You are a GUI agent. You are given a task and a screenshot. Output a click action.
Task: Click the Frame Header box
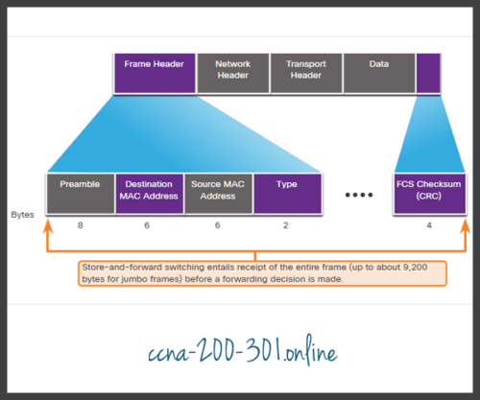tap(155, 73)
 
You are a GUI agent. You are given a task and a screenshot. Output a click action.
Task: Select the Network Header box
tap(232, 73)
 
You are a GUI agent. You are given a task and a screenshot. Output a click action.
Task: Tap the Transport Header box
tap(305, 73)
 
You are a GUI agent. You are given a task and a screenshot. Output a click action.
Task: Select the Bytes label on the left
tap(23, 215)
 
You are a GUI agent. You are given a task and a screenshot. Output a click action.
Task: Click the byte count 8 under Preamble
tap(81, 226)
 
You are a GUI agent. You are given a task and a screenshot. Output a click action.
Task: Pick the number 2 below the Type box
tap(286, 226)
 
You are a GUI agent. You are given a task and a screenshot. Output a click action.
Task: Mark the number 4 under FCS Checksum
tap(428, 226)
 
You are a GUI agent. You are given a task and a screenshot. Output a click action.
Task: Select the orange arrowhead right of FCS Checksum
tap(465, 223)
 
